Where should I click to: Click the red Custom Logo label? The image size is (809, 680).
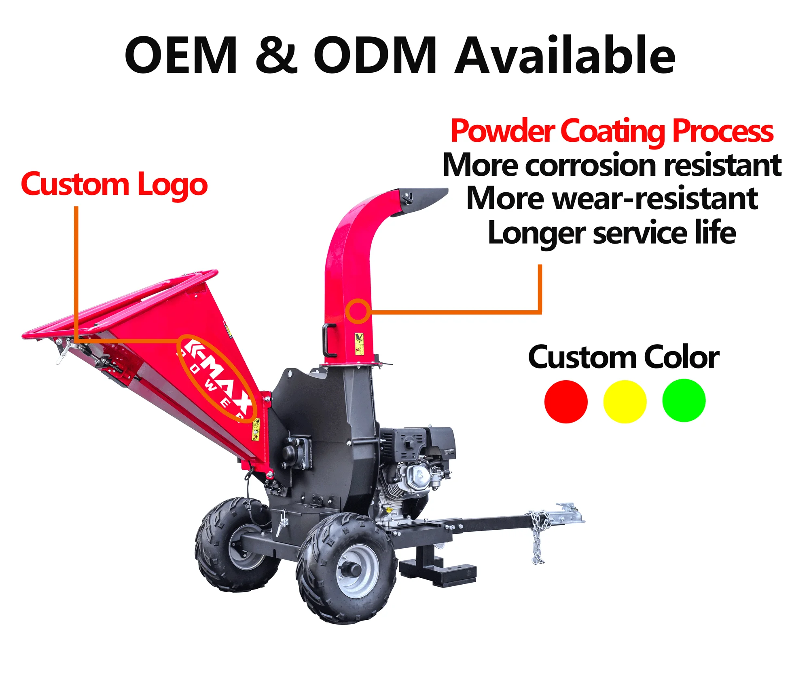pos(114,185)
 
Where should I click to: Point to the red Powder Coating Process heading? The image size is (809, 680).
pos(612,131)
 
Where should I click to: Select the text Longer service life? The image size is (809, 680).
pos(612,233)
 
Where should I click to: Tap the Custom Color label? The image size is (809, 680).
pos(623,357)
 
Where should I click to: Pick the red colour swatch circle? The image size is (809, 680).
pos(565,401)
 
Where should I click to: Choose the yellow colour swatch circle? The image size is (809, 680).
pos(625,401)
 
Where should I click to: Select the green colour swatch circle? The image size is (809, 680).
pos(684,400)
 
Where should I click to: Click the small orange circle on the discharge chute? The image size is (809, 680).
pos(358,311)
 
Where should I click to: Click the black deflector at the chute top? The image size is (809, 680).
pos(423,200)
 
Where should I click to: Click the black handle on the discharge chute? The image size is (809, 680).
pos(328,340)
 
